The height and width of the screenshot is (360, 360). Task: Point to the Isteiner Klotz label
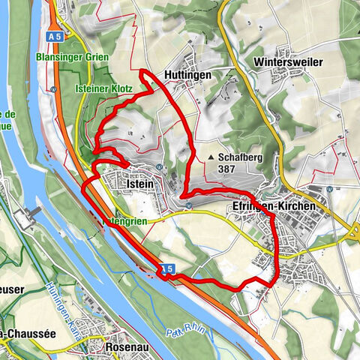pyautogui.click(x=104, y=88)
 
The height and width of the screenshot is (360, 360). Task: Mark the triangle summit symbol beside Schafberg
pyautogui.click(x=212, y=158)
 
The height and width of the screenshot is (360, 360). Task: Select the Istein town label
pyautogui.click(x=141, y=183)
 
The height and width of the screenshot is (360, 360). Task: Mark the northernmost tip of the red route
pyautogui.click(x=142, y=70)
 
